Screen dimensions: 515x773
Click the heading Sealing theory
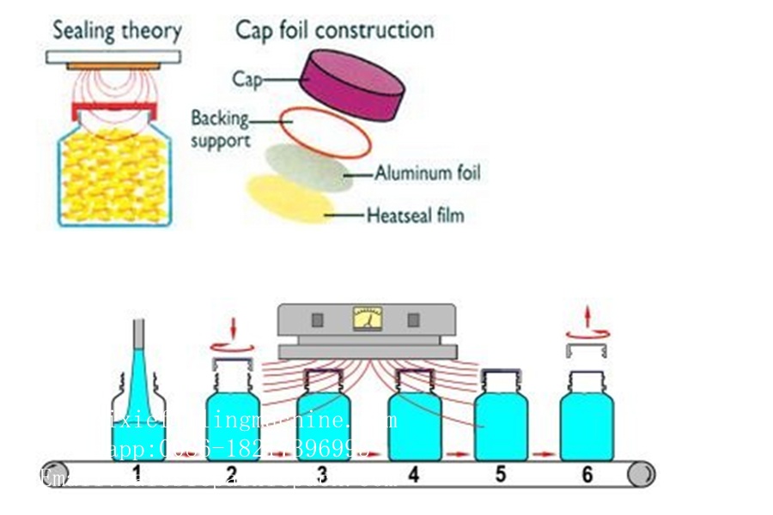point(117,32)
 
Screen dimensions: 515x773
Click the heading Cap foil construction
point(335,30)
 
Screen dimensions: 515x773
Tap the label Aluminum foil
point(428,173)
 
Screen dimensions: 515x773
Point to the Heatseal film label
point(415,215)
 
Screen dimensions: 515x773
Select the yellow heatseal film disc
point(288,198)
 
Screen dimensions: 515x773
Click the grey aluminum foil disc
point(309,165)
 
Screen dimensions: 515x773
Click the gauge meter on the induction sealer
point(368,320)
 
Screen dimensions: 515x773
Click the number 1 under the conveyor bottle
point(137,474)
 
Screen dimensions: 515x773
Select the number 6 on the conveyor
point(587,474)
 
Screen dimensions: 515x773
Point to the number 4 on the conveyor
point(414,474)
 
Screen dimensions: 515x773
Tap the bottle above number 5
point(501,416)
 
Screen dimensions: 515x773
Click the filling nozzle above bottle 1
point(137,343)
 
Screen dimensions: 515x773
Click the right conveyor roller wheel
point(640,473)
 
